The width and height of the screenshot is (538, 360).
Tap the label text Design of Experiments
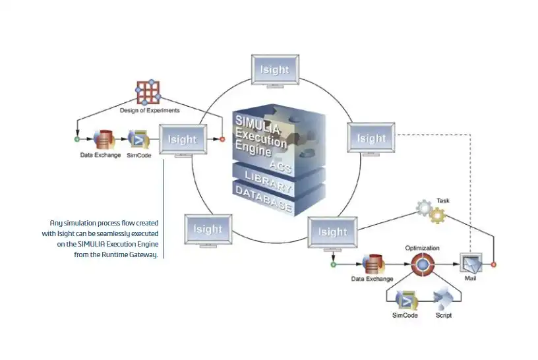pos(149,110)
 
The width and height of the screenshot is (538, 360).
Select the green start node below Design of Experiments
pos(76,139)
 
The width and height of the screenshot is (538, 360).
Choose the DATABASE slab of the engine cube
pos(264,197)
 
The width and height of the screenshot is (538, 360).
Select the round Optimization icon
pos(421,264)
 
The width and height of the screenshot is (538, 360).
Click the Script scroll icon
pos(442,301)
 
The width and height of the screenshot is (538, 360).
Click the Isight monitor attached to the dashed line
pos(371,138)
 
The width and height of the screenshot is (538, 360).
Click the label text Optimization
pos(422,247)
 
